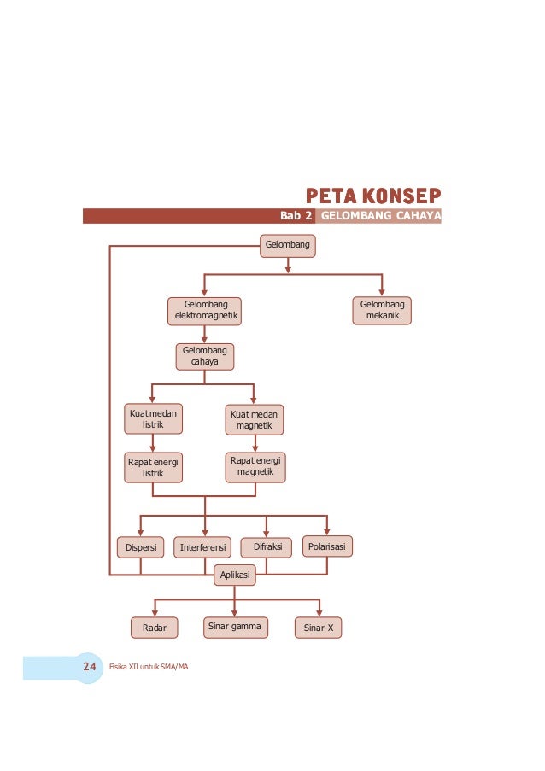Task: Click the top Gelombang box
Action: click(288, 246)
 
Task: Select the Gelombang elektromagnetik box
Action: click(203, 311)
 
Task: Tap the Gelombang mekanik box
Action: click(382, 311)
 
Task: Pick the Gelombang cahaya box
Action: click(205, 356)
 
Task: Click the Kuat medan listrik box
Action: click(152, 418)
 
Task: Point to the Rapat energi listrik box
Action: click(152, 466)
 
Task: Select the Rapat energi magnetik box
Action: click(255, 466)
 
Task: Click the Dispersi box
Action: click(140, 546)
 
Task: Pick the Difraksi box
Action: click(267, 546)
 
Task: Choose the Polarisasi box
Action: click(327, 546)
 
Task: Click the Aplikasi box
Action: click(234, 576)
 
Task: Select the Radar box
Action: click(155, 629)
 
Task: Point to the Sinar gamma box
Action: click(234, 628)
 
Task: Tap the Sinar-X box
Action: click(319, 629)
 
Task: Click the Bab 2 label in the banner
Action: click(296, 216)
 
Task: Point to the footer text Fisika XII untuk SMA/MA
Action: click(149, 666)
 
